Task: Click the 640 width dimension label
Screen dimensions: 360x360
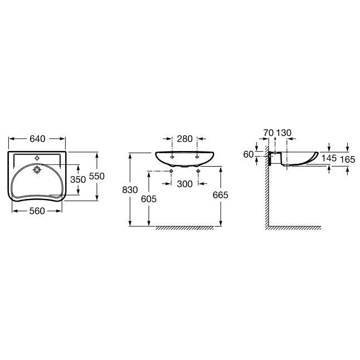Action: (x=37, y=139)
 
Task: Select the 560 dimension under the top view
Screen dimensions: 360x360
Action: (x=37, y=211)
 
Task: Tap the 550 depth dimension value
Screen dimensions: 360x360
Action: (x=96, y=176)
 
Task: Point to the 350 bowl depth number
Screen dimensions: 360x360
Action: (x=78, y=179)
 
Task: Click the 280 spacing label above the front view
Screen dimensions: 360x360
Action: (x=184, y=139)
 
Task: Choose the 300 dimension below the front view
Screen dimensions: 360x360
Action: (x=184, y=184)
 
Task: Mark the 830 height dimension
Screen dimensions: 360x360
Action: (x=130, y=190)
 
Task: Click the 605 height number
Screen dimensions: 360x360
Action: (x=149, y=199)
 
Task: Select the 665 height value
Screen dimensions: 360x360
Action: (x=221, y=195)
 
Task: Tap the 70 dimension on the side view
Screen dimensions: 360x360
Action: (x=269, y=133)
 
